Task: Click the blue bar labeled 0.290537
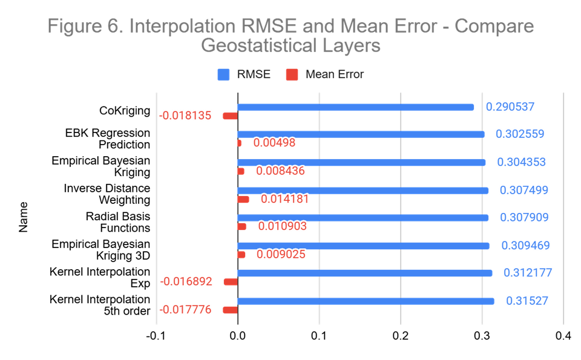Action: [356, 107]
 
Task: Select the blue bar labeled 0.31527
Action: [366, 301]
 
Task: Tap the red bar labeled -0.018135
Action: [230, 116]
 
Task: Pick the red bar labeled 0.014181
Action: [243, 199]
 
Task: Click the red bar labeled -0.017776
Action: [230, 310]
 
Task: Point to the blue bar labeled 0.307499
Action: [363, 191]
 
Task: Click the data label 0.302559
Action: [520, 134]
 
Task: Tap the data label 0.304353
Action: [521, 162]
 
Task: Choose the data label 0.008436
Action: [280, 171]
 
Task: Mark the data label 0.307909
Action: [524, 217]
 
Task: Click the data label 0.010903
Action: [283, 226]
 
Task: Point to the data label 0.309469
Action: [525, 246]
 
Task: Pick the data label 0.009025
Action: [281, 255]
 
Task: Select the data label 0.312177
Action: [528, 273]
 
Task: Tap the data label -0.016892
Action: [186, 281]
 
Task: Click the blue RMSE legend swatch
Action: [224, 74]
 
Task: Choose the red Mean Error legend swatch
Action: [292, 74]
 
